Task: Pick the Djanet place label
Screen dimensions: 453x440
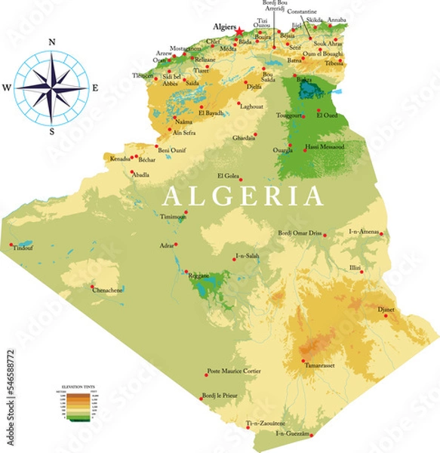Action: coord(386,309)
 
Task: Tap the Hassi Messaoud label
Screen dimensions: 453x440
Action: coord(325,146)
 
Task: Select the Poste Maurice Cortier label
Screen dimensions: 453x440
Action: coord(233,371)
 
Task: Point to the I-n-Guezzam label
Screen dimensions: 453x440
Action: coord(293,433)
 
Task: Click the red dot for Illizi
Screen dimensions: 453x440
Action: coord(362,272)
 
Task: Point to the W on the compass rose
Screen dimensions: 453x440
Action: coord(7,88)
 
